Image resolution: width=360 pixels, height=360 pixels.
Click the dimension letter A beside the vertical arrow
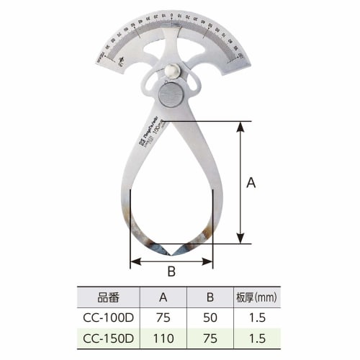251,183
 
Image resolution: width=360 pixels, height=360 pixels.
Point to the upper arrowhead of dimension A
240,125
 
